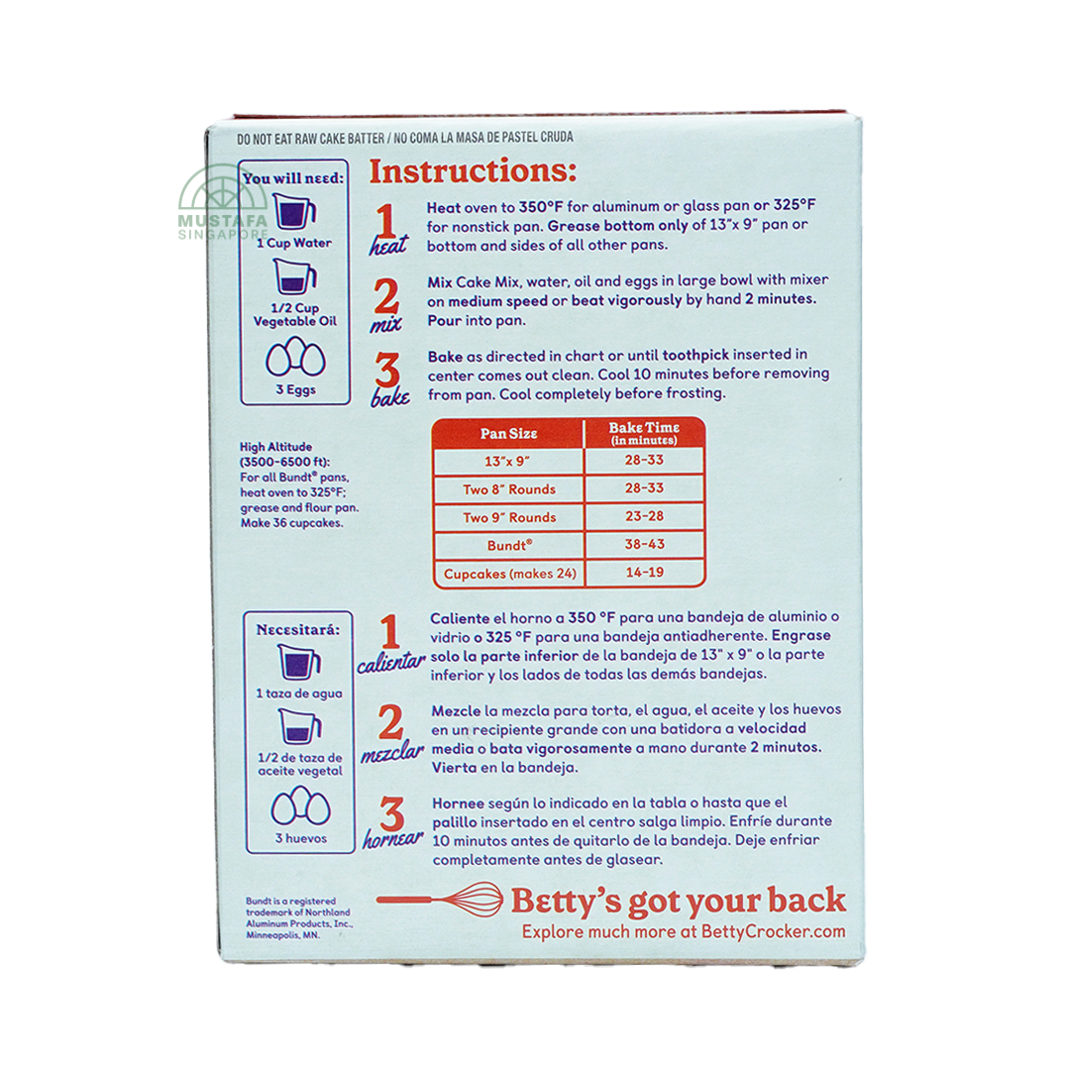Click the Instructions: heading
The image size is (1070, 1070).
[473, 171]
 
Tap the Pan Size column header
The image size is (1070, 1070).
[509, 433]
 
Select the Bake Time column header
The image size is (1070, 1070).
[644, 433]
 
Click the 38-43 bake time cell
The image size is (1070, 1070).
[644, 545]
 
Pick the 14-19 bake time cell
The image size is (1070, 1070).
[644, 573]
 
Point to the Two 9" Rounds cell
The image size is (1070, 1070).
[509, 517]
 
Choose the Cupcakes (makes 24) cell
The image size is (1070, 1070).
[509, 574]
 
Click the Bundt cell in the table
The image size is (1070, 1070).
[509, 545]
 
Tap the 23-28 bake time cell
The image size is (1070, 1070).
[644, 516]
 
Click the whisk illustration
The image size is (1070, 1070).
[440, 900]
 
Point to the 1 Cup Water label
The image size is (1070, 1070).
[294, 243]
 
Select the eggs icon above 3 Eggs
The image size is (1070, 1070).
[295, 357]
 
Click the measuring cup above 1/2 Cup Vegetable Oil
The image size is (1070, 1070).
[295, 276]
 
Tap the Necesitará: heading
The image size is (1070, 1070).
[297, 630]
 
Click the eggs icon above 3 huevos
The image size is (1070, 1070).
[300, 805]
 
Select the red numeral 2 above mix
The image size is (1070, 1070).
[385, 296]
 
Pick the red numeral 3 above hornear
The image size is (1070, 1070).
[391, 814]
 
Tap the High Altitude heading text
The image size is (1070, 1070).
[275, 447]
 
